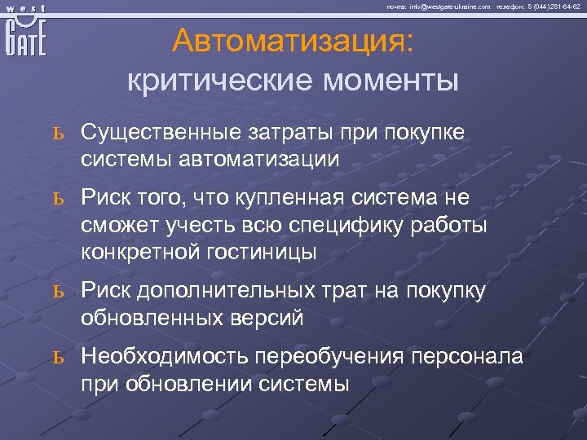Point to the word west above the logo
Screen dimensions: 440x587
(24, 7)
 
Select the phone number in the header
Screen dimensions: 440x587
(553, 6)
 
